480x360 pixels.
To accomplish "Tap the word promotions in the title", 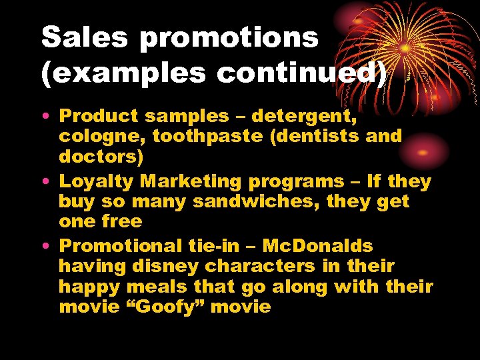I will [x=229, y=39].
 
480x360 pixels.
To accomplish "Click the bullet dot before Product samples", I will [x=50, y=117].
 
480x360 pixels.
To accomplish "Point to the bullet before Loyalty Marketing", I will [x=50, y=182].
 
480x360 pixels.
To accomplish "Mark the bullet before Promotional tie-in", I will [x=50, y=246].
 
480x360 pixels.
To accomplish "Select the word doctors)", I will [x=100, y=157].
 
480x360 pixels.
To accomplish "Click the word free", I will [x=119, y=221].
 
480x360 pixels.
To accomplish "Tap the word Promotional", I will [x=123, y=245].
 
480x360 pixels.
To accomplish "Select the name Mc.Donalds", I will [x=318, y=245].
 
